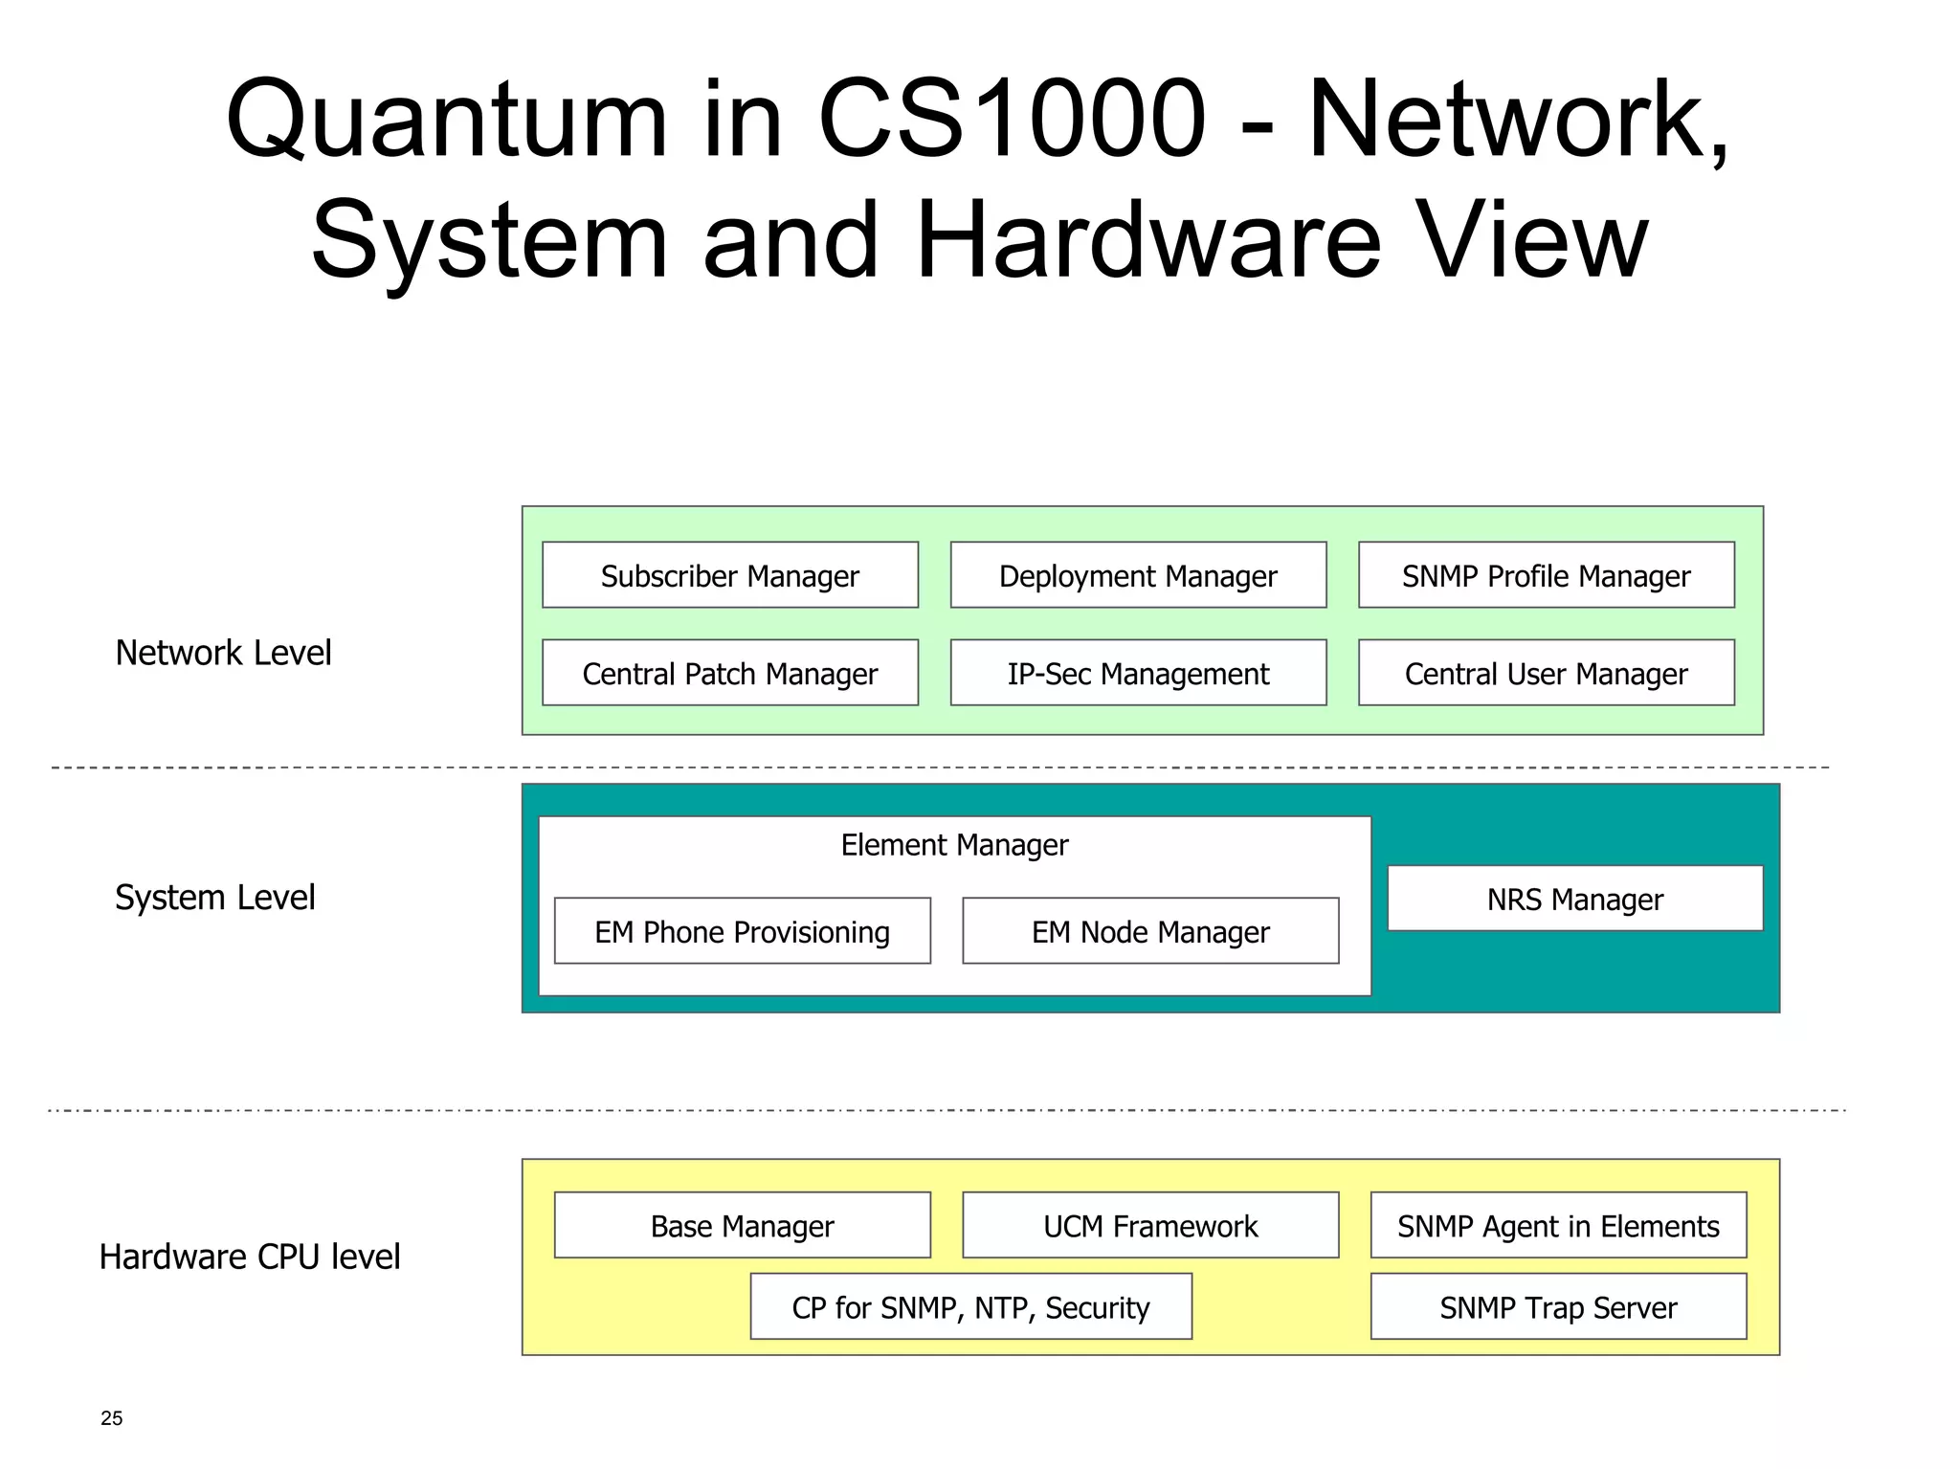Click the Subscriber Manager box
point(729,575)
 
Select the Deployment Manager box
point(1138,575)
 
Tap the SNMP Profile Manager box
point(1546,575)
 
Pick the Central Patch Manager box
point(729,673)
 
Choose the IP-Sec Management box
point(1138,673)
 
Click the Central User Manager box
point(1546,673)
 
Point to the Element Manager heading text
point(954,845)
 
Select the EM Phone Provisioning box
point(742,931)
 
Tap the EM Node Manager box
point(1149,931)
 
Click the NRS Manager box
point(1574,899)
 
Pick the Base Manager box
point(742,1225)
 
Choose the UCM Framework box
point(1149,1225)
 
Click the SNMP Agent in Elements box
point(1558,1225)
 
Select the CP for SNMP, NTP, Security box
point(970,1306)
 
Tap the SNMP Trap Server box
point(1558,1306)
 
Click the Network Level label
point(223,653)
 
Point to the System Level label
point(214,897)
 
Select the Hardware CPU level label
point(249,1256)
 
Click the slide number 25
point(111,1418)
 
